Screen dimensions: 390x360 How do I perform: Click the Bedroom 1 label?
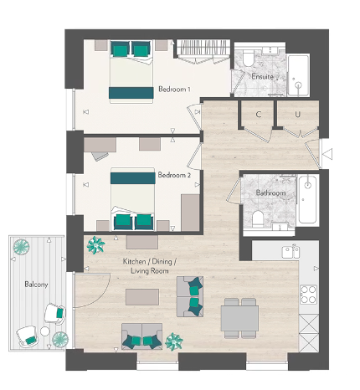174,89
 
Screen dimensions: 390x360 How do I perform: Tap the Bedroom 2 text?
174,176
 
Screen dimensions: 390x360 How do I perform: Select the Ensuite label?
262,77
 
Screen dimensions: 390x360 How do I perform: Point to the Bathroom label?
271,193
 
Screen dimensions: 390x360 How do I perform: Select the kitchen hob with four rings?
308,294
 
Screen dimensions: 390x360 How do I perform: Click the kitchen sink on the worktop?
291,250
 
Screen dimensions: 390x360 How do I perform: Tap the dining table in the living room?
239,317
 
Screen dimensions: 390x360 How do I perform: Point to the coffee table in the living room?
141,296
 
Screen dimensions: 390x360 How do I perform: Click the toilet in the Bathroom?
260,218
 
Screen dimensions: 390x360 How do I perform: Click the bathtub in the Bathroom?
306,199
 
